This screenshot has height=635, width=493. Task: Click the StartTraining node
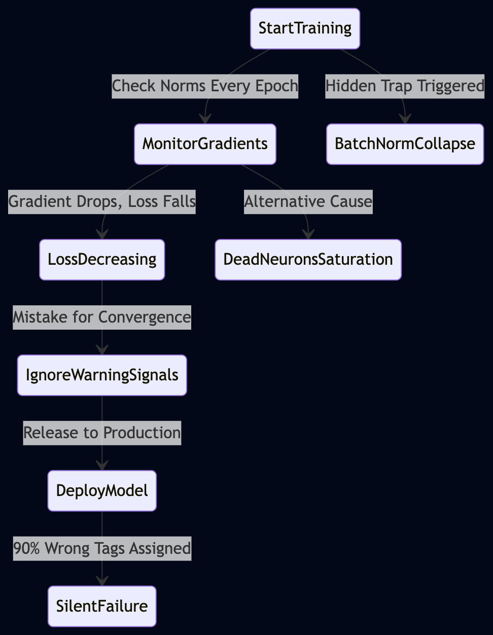pos(305,28)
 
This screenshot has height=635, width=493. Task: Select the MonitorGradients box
pos(205,144)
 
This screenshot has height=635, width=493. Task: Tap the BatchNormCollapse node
pos(405,144)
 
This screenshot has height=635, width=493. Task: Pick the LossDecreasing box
pos(102,260)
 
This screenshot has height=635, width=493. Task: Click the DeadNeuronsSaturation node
pos(308,260)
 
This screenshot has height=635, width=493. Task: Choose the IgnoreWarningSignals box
pos(102,375)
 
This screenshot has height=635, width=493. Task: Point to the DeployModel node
pos(102,490)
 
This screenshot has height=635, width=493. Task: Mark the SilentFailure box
pos(102,607)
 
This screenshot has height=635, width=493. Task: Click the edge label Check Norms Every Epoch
pos(205,86)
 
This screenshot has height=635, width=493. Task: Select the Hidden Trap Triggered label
pos(405,86)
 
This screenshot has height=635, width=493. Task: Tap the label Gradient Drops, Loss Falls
pos(102,202)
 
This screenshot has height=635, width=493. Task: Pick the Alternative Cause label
pos(308,202)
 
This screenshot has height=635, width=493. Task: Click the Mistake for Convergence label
pos(102,317)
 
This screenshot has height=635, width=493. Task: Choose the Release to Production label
pos(102,433)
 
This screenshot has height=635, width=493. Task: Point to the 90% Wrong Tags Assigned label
pos(102,548)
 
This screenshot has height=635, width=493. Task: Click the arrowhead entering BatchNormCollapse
pos(405,119)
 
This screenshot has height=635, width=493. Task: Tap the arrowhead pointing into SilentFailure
pos(102,581)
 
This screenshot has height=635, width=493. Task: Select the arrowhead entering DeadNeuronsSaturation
pos(308,234)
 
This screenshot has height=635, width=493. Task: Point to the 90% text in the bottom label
pos(26,548)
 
